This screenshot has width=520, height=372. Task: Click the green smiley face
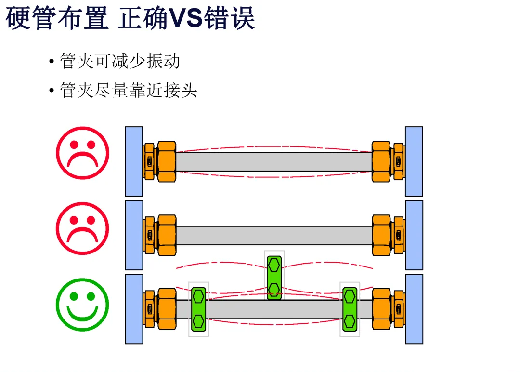[83, 304]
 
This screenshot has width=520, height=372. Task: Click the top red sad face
[83, 153]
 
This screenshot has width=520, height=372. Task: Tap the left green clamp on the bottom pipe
[198, 309]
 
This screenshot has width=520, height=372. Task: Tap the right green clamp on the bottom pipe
[350, 309]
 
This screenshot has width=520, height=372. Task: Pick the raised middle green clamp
[274, 278]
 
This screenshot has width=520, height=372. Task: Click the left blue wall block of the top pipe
[134, 161]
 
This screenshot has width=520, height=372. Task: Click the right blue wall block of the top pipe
[414, 161]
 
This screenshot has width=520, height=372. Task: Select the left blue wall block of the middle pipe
[134, 235]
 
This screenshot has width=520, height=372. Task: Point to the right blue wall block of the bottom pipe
[414, 309]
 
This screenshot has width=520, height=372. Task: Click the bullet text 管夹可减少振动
[120, 62]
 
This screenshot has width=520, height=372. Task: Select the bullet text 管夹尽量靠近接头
[129, 90]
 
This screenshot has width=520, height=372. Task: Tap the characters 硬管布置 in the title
[57, 19]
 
